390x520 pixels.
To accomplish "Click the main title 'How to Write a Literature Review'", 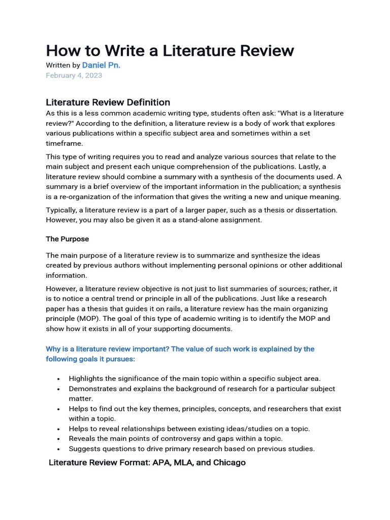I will (170, 50).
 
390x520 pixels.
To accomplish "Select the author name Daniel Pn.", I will (101, 66).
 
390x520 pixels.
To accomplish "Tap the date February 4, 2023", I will (74, 75).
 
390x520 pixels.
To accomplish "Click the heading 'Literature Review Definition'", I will (108, 102).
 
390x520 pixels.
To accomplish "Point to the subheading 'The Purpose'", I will (67, 239).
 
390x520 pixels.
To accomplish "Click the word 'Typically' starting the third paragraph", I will (63, 210).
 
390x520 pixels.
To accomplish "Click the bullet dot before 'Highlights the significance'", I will (59, 379).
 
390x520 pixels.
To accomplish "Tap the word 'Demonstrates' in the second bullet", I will (93, 388).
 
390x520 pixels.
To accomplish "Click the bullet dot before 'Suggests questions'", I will (59, 449).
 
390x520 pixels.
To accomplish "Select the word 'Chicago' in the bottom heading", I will (229, 463).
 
